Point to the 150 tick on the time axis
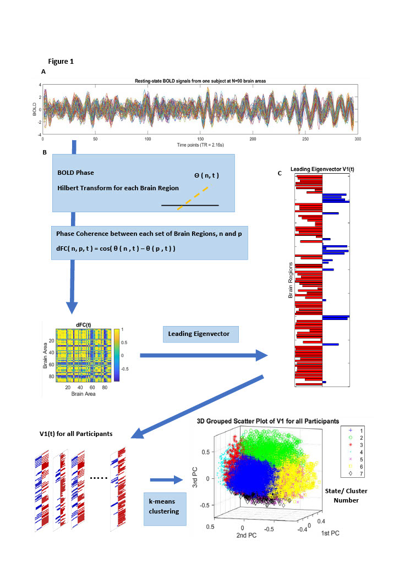(x=200, y=139)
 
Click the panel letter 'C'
(x=280, y=174)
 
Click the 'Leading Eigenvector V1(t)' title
(x=323, y=170)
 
